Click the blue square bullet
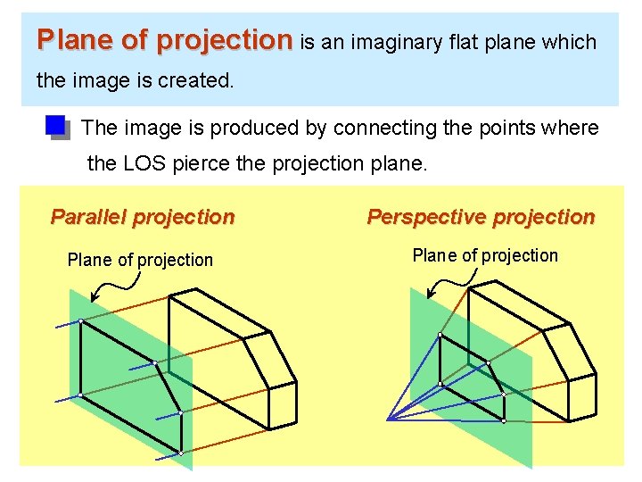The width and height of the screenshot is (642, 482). [x=56, y=127]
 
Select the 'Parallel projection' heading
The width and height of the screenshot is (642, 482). [x=143, y=217]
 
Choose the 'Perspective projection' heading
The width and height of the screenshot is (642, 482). [x=481, y=217]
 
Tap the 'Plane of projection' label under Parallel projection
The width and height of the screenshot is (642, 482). [x=140, y=260]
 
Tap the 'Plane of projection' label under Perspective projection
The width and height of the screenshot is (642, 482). [x=485, y=255]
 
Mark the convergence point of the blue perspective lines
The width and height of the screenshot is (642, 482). [x=388, y=419]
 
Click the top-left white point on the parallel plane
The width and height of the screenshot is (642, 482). [x=80, y=321]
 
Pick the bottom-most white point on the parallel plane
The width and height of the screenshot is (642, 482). [x=180, y=453]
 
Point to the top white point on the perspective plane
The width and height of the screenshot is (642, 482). [x=440, y=335]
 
